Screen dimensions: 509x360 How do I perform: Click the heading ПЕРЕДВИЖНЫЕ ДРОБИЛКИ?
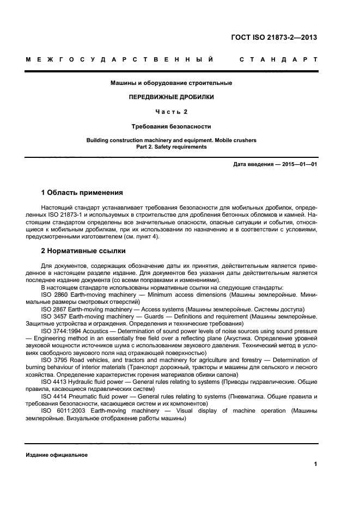pyautogui.click(x=171, y=97)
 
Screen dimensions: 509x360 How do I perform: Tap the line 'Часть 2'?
pyautogui.click(x=171, y=112)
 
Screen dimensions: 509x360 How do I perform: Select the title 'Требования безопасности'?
pyautogui.click(x=171, y=126)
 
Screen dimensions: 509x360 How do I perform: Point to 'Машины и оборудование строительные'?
pyautogui.click(x=171, y=83)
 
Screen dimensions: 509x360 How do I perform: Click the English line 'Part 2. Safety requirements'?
pyautogui.click(x=171, y=147)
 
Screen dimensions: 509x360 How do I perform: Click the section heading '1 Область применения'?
pyautogui.click(x=82, y=193)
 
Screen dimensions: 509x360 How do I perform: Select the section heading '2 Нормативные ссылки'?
pyautogui.click(x=83, y=251)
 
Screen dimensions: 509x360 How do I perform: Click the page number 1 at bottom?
pyautogui.click(x=315, y=463)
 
